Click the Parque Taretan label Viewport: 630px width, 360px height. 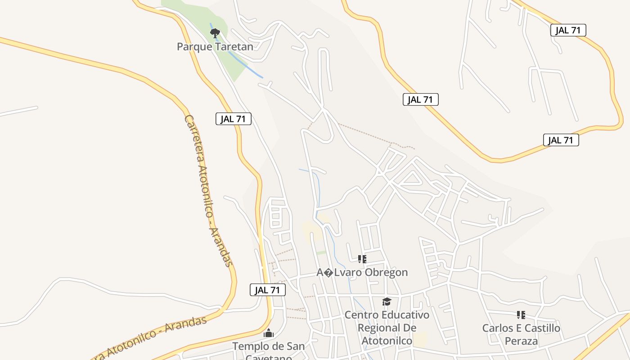[215, 46]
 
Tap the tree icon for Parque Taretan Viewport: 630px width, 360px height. [215, 33]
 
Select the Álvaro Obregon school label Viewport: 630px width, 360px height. [362, 272]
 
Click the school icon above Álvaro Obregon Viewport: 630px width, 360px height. [362, 259]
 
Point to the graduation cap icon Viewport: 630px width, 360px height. [387, 301]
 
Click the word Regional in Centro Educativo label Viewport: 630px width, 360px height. [387, 328]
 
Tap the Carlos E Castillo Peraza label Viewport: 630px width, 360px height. [521, 334]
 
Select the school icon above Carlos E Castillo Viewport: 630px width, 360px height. [521, 315]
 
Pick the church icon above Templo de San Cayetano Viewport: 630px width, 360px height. [269, 333]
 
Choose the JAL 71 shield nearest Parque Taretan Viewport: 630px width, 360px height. [233, 119]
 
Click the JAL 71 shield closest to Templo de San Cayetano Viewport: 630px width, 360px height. [268, 290]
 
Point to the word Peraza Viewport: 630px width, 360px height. [521, 341]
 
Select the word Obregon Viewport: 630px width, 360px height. [386, 272]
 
